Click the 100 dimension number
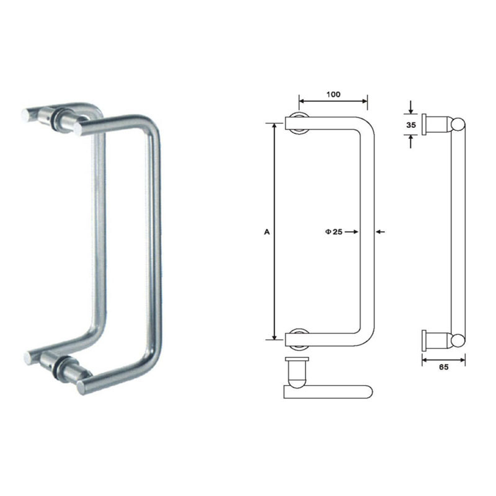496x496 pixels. click(333, 94)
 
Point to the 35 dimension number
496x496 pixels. click(410, 124)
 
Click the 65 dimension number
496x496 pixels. click(443, 367)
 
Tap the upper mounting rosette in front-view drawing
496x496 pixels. click(299, 123)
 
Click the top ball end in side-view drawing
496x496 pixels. click(458, 123)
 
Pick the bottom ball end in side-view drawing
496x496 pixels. click(458, 339)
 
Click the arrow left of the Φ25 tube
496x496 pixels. click(355, 232)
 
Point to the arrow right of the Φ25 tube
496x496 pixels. click(380, 232)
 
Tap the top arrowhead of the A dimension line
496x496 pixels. click(273, 126)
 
